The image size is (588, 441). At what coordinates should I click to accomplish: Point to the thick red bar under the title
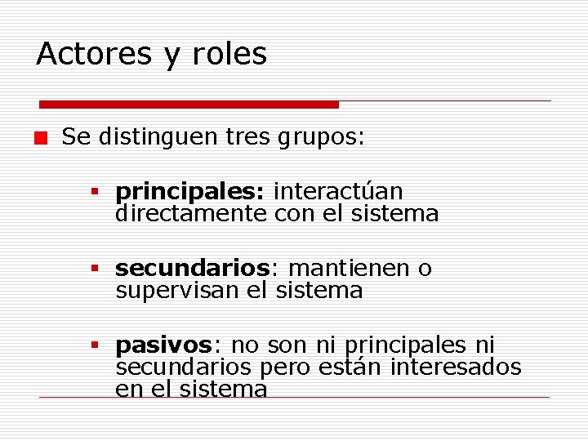189,105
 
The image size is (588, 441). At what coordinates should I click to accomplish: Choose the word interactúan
338,191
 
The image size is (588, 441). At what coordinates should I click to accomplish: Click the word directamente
191,214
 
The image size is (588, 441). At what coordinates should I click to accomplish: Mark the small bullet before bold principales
95,193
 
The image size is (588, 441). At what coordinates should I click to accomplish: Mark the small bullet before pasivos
95,346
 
